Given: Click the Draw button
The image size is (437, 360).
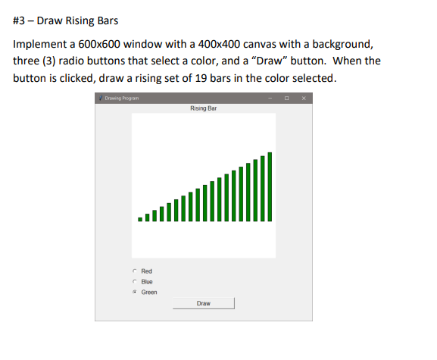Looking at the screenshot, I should (x=204, y=303).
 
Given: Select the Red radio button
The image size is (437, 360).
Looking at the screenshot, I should (x=134, y=271).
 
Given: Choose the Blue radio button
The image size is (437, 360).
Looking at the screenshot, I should (x=134, y=281).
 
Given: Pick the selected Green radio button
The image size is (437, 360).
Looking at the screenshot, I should (x=134, y=292).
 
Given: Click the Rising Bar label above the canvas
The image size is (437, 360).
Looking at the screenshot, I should (x=204, y=108).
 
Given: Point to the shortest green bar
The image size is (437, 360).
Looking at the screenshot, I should (x=139, y=219).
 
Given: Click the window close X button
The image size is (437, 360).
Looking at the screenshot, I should (x=304, y=99).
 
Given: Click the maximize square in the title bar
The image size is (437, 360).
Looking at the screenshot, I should (x=287, y=99).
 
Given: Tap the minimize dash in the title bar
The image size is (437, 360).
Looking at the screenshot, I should (x=270, y=99).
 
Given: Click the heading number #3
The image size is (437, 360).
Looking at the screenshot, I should (x=20, y=19).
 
